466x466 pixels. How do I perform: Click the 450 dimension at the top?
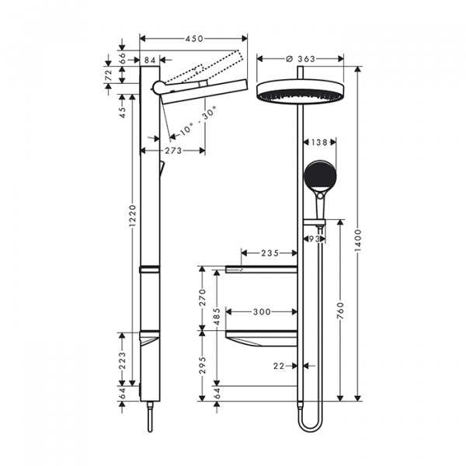(x=193, y=38)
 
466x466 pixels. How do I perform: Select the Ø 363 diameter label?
(x=300, y=58)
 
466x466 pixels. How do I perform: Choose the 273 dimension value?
(x=173, y=150)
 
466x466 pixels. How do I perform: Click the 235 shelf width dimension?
(x=269, y=252)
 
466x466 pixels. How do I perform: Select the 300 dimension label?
(x=263, y=311)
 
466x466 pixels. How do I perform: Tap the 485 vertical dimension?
(x=218, y=319)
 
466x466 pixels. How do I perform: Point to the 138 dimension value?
(x=319, y=142)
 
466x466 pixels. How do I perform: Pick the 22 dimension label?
(x=279, y=364)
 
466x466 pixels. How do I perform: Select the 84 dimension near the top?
(x=150, y=60)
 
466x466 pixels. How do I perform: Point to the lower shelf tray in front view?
(x=260, y=338)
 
